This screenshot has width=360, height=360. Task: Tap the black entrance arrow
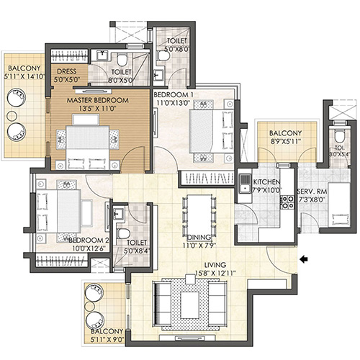tap(305, 258)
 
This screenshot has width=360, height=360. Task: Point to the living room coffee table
tap(191, 300)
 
